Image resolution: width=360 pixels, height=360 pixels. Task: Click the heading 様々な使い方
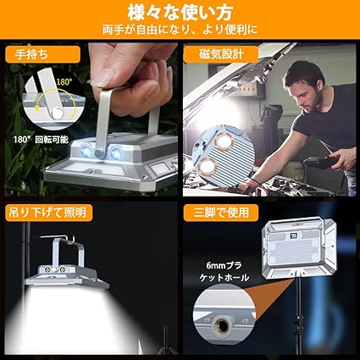coord(180,13)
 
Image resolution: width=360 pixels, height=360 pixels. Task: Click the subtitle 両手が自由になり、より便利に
coord(180,30)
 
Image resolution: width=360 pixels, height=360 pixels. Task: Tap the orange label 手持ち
coord(43,54)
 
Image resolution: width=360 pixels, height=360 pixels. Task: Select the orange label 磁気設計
coord(221,54)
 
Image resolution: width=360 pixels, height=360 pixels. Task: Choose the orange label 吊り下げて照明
coord(48,213)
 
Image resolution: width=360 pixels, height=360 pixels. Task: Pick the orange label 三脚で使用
coord(221,213)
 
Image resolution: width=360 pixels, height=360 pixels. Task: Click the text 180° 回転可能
coord(41,139)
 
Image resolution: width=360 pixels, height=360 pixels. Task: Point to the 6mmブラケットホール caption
coord(224,271)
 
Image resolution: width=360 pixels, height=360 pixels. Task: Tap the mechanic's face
coord(307,91)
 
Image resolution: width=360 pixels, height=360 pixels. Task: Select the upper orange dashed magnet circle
coord(223,142)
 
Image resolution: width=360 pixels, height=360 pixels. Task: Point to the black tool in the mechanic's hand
coord(321,162)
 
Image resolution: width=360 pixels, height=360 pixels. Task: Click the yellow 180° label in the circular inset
coord(64,82)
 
